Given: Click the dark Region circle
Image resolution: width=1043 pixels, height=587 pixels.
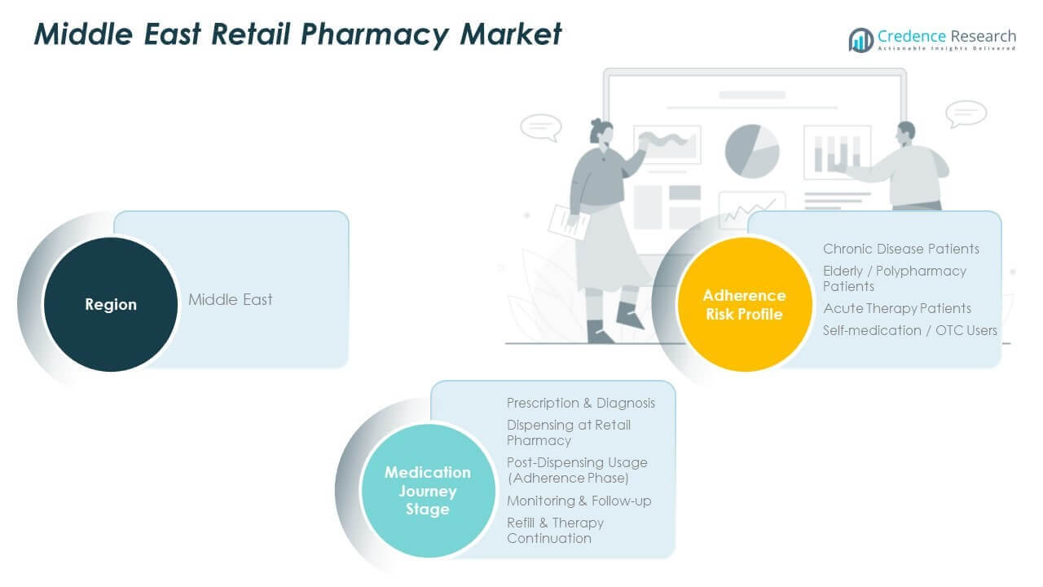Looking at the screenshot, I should [x=111, y=304].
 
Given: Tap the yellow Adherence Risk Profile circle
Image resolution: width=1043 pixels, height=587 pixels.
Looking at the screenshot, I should [x=744, y=304].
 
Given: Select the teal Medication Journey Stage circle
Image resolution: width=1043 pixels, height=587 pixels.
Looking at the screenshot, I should [x=427, y=491].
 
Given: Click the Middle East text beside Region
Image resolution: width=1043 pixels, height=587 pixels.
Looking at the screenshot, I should [x=231, y=299].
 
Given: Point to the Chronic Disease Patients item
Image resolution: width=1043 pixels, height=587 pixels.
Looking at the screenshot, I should [x=900, y=249].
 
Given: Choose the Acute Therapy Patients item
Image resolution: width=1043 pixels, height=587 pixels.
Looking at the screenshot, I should [x=896, y=308].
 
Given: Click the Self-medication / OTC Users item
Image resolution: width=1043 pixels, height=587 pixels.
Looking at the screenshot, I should [x=909, y=330].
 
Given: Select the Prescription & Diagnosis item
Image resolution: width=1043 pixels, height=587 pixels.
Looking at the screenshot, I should [x=580, y=403].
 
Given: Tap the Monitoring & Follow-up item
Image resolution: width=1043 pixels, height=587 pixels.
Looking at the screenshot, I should [x=579, y=501].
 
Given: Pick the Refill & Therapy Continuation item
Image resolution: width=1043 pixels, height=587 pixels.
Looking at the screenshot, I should [x=555, y=530].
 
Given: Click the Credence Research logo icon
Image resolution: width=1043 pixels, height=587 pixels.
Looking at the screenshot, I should [x=860, y=39].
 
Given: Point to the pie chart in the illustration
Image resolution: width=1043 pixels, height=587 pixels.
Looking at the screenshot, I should [x=751, y=151].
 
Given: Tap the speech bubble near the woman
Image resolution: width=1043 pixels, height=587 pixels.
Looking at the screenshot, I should [x=541, y=127].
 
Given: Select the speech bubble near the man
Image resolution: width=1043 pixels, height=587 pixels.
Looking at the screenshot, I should [x=967, y=113].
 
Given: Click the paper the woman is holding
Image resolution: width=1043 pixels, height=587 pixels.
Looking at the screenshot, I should [x=567, y=221].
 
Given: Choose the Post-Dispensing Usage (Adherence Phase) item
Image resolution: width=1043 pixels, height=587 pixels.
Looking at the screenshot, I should [x=576, y=470].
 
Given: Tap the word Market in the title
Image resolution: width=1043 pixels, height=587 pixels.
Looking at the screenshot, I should [x=511, y=34].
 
